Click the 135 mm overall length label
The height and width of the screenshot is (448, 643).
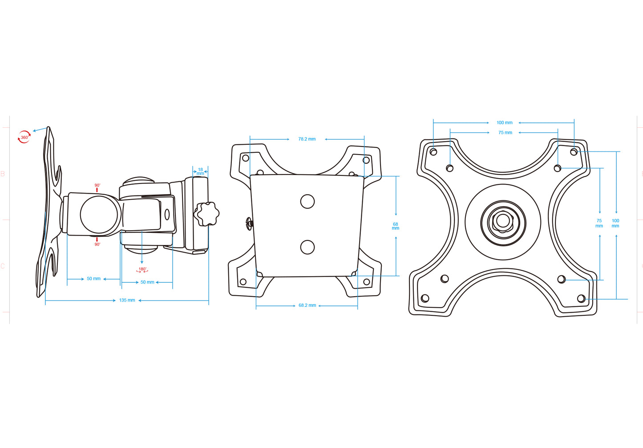(x=127, y=300)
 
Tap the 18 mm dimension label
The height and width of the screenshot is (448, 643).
(x=200, y=171)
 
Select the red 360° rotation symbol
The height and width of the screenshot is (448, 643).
(x=24, y=137)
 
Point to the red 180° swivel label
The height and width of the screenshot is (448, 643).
(x=142, y=269)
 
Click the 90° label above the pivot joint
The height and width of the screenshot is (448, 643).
(x=97, y=185)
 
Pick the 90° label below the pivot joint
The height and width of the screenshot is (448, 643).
(x=97, y=244)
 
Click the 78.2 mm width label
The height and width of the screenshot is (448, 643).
(x=307, y=139)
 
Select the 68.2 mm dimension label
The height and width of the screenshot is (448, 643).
(x=307, y=305)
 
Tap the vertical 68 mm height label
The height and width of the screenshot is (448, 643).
(x=395, y=226)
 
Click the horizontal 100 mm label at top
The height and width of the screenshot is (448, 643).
(x=504, y=122)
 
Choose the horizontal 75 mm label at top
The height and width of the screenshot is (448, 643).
(x=505, y=133)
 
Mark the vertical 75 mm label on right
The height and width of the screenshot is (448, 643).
(x=599, y=223)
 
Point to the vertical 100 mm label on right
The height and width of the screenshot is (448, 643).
(x=615, y=223)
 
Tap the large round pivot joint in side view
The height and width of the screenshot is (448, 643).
(x=99, y=215)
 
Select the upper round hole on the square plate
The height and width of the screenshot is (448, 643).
(x=307, y=201)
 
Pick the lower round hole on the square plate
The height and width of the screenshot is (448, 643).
(x=307, y=247)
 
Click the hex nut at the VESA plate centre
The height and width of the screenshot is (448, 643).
(x=503, y=221)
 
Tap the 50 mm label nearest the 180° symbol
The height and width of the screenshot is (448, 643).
(x=147, y=282)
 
